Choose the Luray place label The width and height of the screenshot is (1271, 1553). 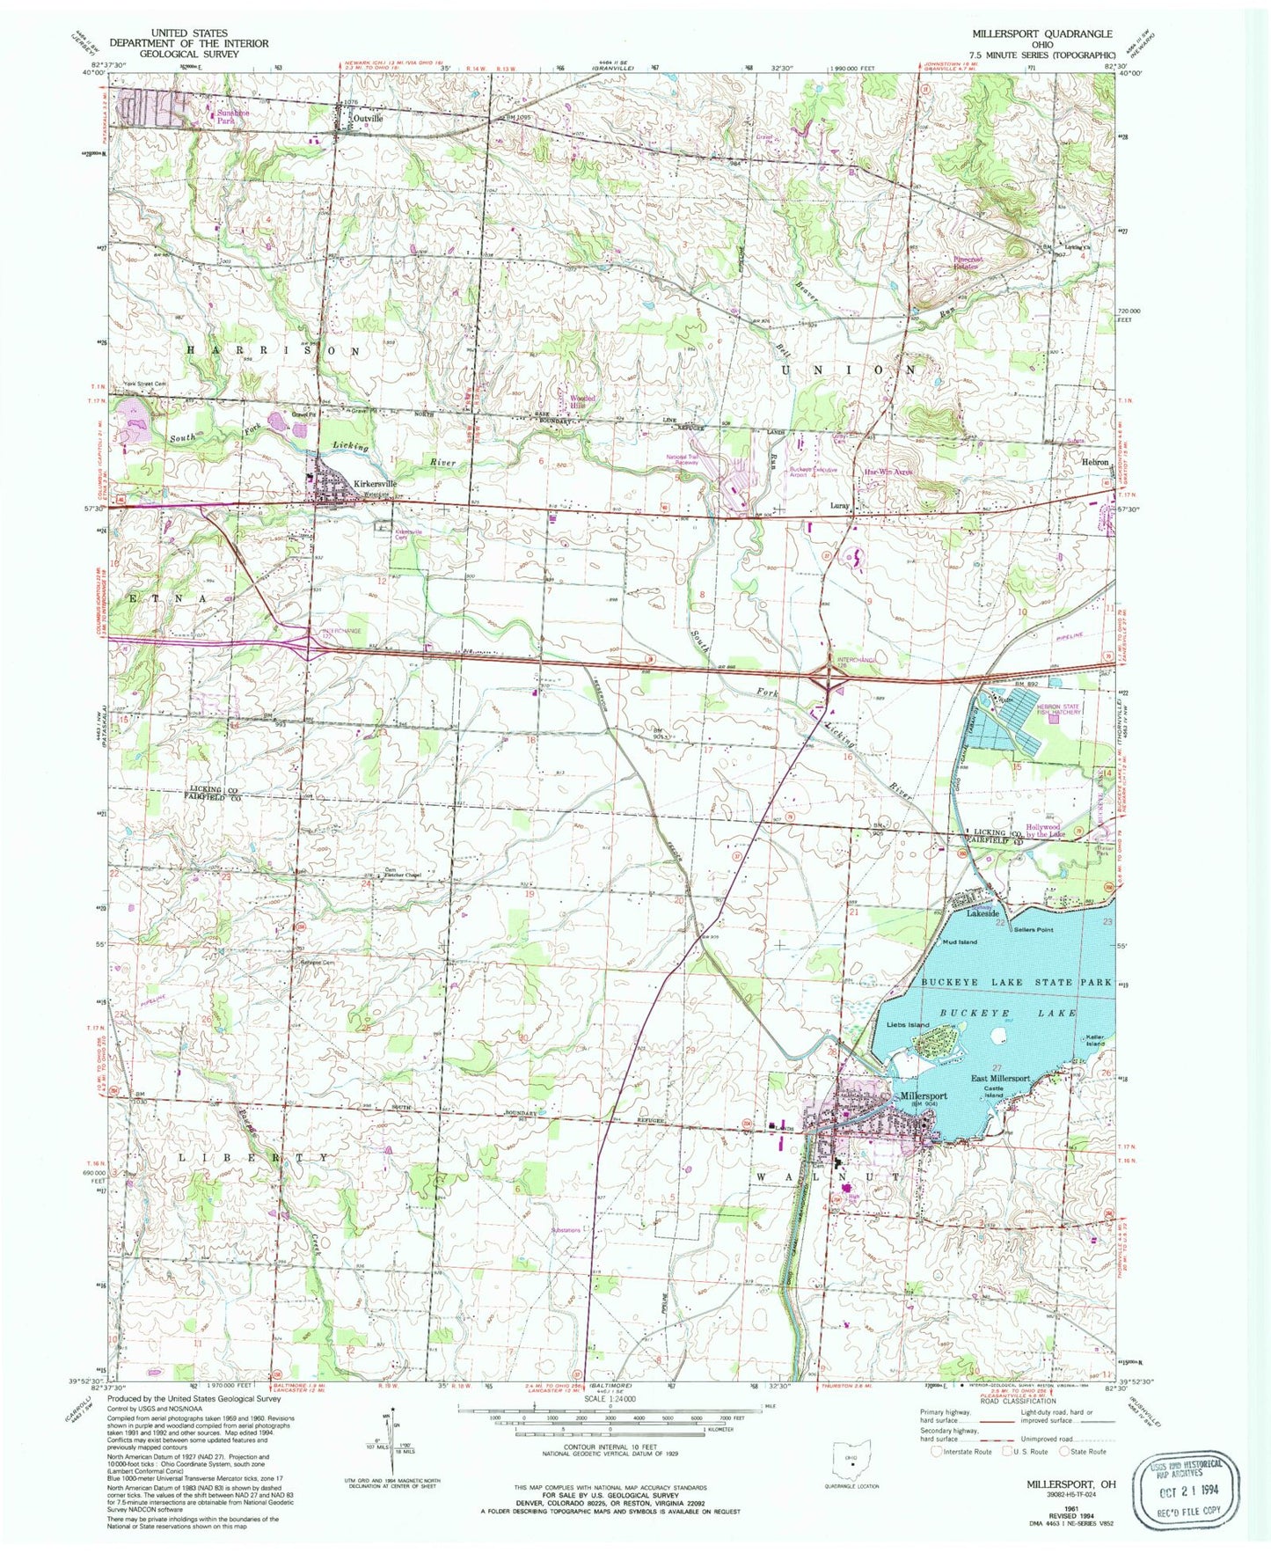[840, 507]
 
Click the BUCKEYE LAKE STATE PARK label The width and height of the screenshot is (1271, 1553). [1016, 981]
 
